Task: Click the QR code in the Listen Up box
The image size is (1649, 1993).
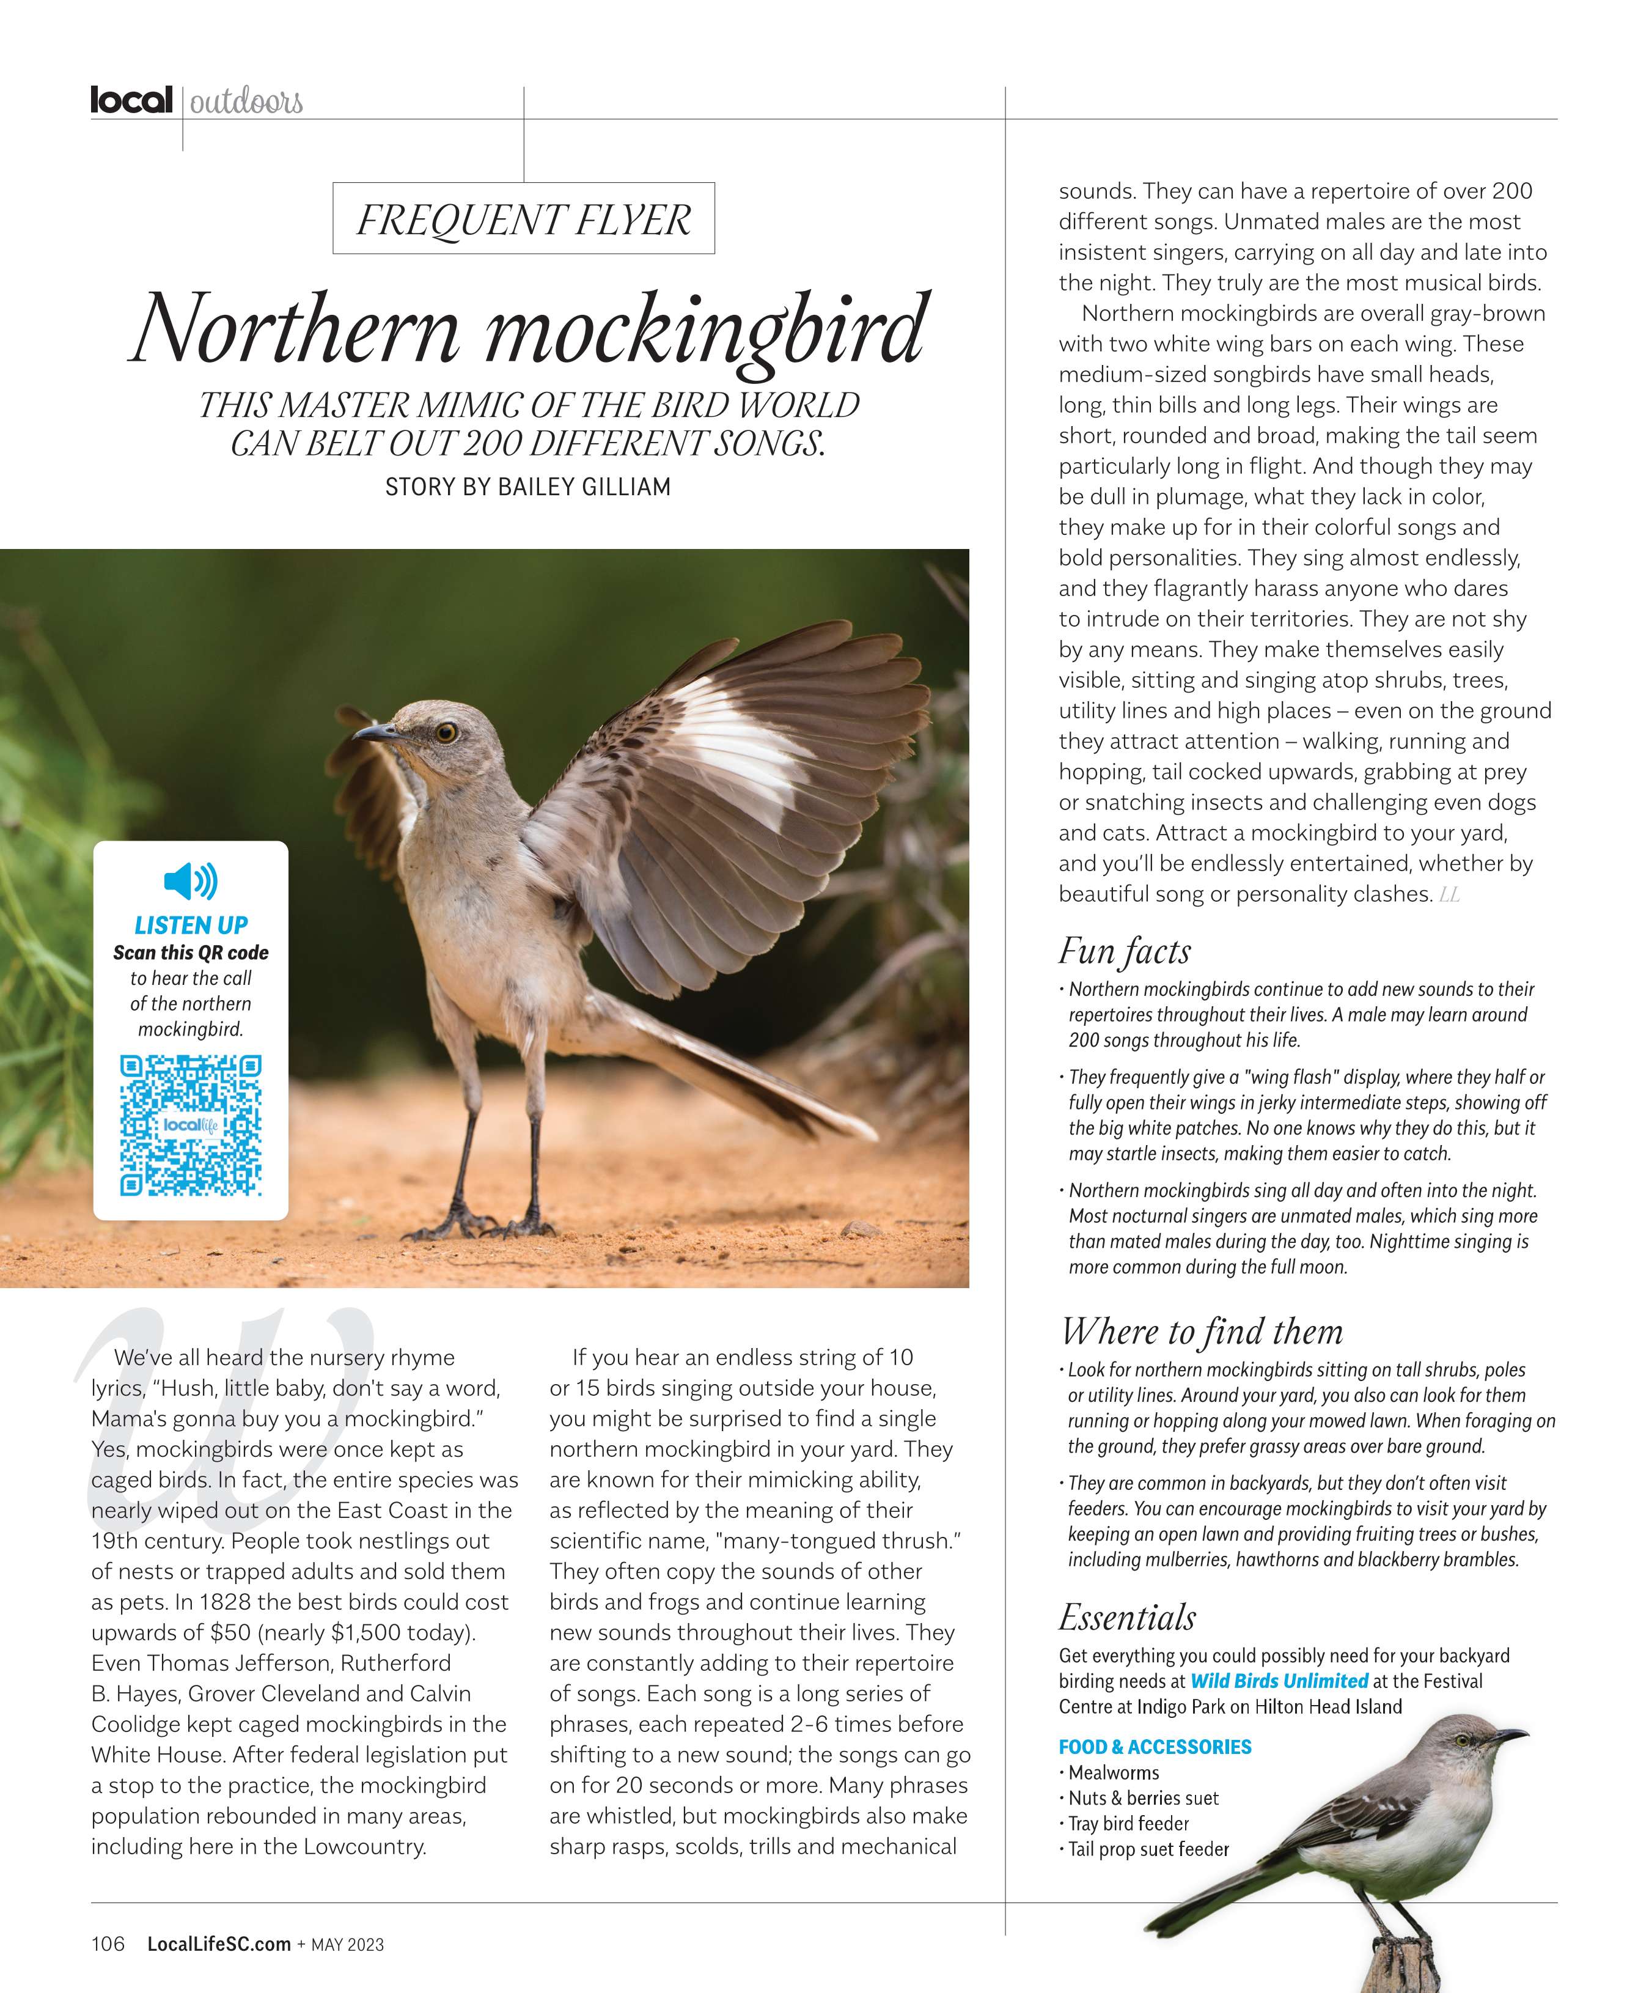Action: click(x=191, y=1125)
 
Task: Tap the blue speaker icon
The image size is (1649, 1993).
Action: click(x=191, y=881)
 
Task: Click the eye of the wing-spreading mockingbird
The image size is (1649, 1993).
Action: click(x=446, y=732)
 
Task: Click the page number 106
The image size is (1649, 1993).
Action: click(x=107, y=1943)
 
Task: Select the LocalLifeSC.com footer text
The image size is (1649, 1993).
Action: click(x=218, y=1943)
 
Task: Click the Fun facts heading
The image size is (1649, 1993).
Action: click(x=1125, y=951)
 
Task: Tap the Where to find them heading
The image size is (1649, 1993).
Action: click(x=1201, y=1332)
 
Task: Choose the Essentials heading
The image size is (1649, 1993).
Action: click(x=1127, y=1617)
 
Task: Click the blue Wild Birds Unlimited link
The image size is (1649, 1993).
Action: click(x=1279, y=1681)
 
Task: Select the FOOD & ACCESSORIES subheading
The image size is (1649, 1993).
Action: click(x=1155, y=1746)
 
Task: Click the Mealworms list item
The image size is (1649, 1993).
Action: click(x=1113, y=1772)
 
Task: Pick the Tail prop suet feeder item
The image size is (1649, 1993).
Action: click(x=1148, y=1849)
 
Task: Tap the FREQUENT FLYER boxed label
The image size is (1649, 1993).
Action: click(x=523, y=219)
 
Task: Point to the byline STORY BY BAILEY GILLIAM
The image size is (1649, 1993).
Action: click(x=527, y=487)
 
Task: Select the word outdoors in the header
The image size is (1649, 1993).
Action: click(x=246, y=101)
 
